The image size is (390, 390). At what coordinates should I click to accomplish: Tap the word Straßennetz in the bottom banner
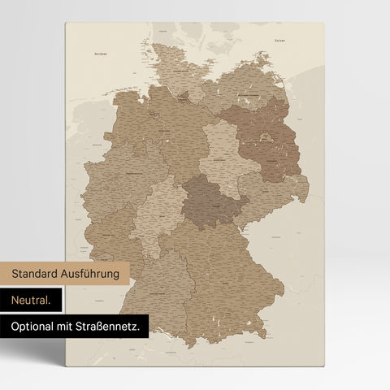click(116, 327)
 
